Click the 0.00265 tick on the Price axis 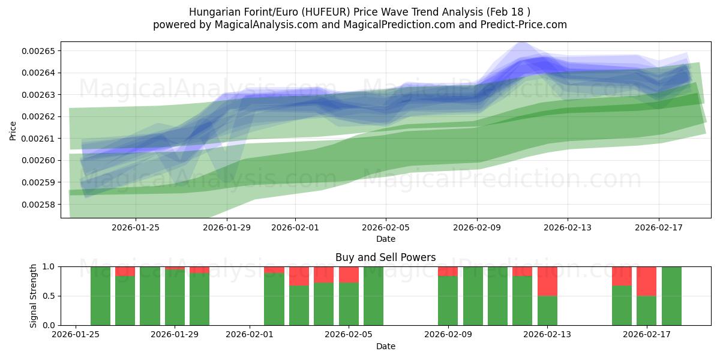[38, 51]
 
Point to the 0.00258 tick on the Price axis [38, 205]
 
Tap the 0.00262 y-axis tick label [38, 116]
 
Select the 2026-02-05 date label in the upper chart [386, 227]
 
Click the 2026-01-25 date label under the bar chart [76, 335]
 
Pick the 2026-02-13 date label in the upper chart [568, 227]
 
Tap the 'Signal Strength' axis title [34, 296]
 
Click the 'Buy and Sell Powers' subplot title [385, 257]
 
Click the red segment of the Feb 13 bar [547, 281]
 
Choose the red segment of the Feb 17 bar [646, 281]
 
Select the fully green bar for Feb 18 [671, 296]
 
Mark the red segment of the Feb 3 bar [299, 276]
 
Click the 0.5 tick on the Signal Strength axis [50, 296]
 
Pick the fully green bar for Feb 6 [373, 296]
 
